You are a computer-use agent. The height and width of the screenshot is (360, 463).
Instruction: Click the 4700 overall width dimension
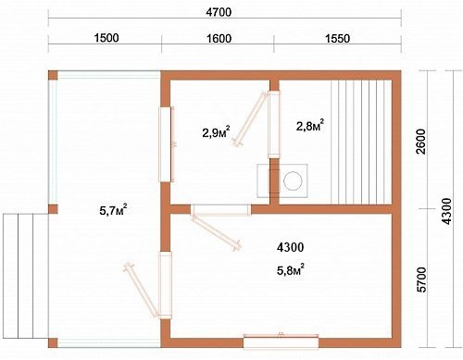pyautogui.click(x=219, y=12)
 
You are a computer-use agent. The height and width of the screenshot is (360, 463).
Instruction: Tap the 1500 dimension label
pyautogui.click(x=106, y=38)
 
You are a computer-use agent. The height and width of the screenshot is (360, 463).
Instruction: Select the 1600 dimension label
pyautogui.click(x=219, y=39)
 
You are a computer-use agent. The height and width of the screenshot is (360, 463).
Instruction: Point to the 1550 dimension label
pyautogui.click(x=337, y=39)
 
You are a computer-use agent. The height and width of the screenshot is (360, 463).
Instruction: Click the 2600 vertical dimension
pyautogui.click(x=421, y=142)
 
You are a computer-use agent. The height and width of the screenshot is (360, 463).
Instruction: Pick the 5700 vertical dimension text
pyautogui.click(x=421, y=279)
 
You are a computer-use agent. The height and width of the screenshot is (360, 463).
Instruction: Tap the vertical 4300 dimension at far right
pyautogui.click(x=446, y=211)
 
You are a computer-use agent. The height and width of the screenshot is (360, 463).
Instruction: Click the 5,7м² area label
pyautogui.click(x=113, y=210)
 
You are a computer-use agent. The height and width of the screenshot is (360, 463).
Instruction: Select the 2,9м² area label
pyautogui.click(x=216, y=132)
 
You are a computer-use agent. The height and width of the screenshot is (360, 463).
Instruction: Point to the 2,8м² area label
pyautogui.click(x=310, y=125)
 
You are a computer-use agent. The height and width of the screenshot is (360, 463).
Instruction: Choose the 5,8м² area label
pyautogui.click(x=291, y=269)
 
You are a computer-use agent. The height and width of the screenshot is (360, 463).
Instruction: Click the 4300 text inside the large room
pyautogui.click(x=290, y=247)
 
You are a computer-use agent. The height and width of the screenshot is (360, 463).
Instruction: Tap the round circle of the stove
pyautogui.click(x=293, y=180)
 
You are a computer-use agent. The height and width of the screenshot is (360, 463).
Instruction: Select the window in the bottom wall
pyautogui.click(x=282, y=341)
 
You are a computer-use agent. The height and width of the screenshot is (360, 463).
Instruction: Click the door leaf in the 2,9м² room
pyautogui.click(x=250, y=119)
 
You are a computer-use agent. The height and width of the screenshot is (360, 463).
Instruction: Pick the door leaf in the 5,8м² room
pyautogui.click(x=217, y=233)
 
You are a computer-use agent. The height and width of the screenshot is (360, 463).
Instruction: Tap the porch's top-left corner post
pyautogui.click(x=53, y=76)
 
